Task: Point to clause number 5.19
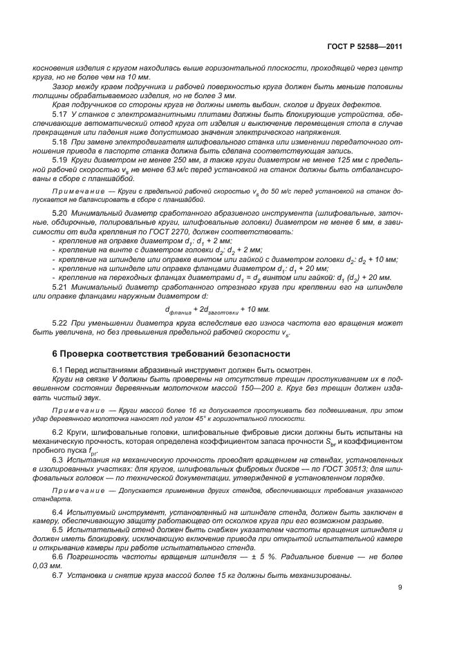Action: (60, 159)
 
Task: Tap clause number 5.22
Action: (60, 324)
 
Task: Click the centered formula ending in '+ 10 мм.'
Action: (218, 309)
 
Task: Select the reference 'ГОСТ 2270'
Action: (183, 231)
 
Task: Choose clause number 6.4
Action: (59, 512)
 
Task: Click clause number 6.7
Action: (59, 575)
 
